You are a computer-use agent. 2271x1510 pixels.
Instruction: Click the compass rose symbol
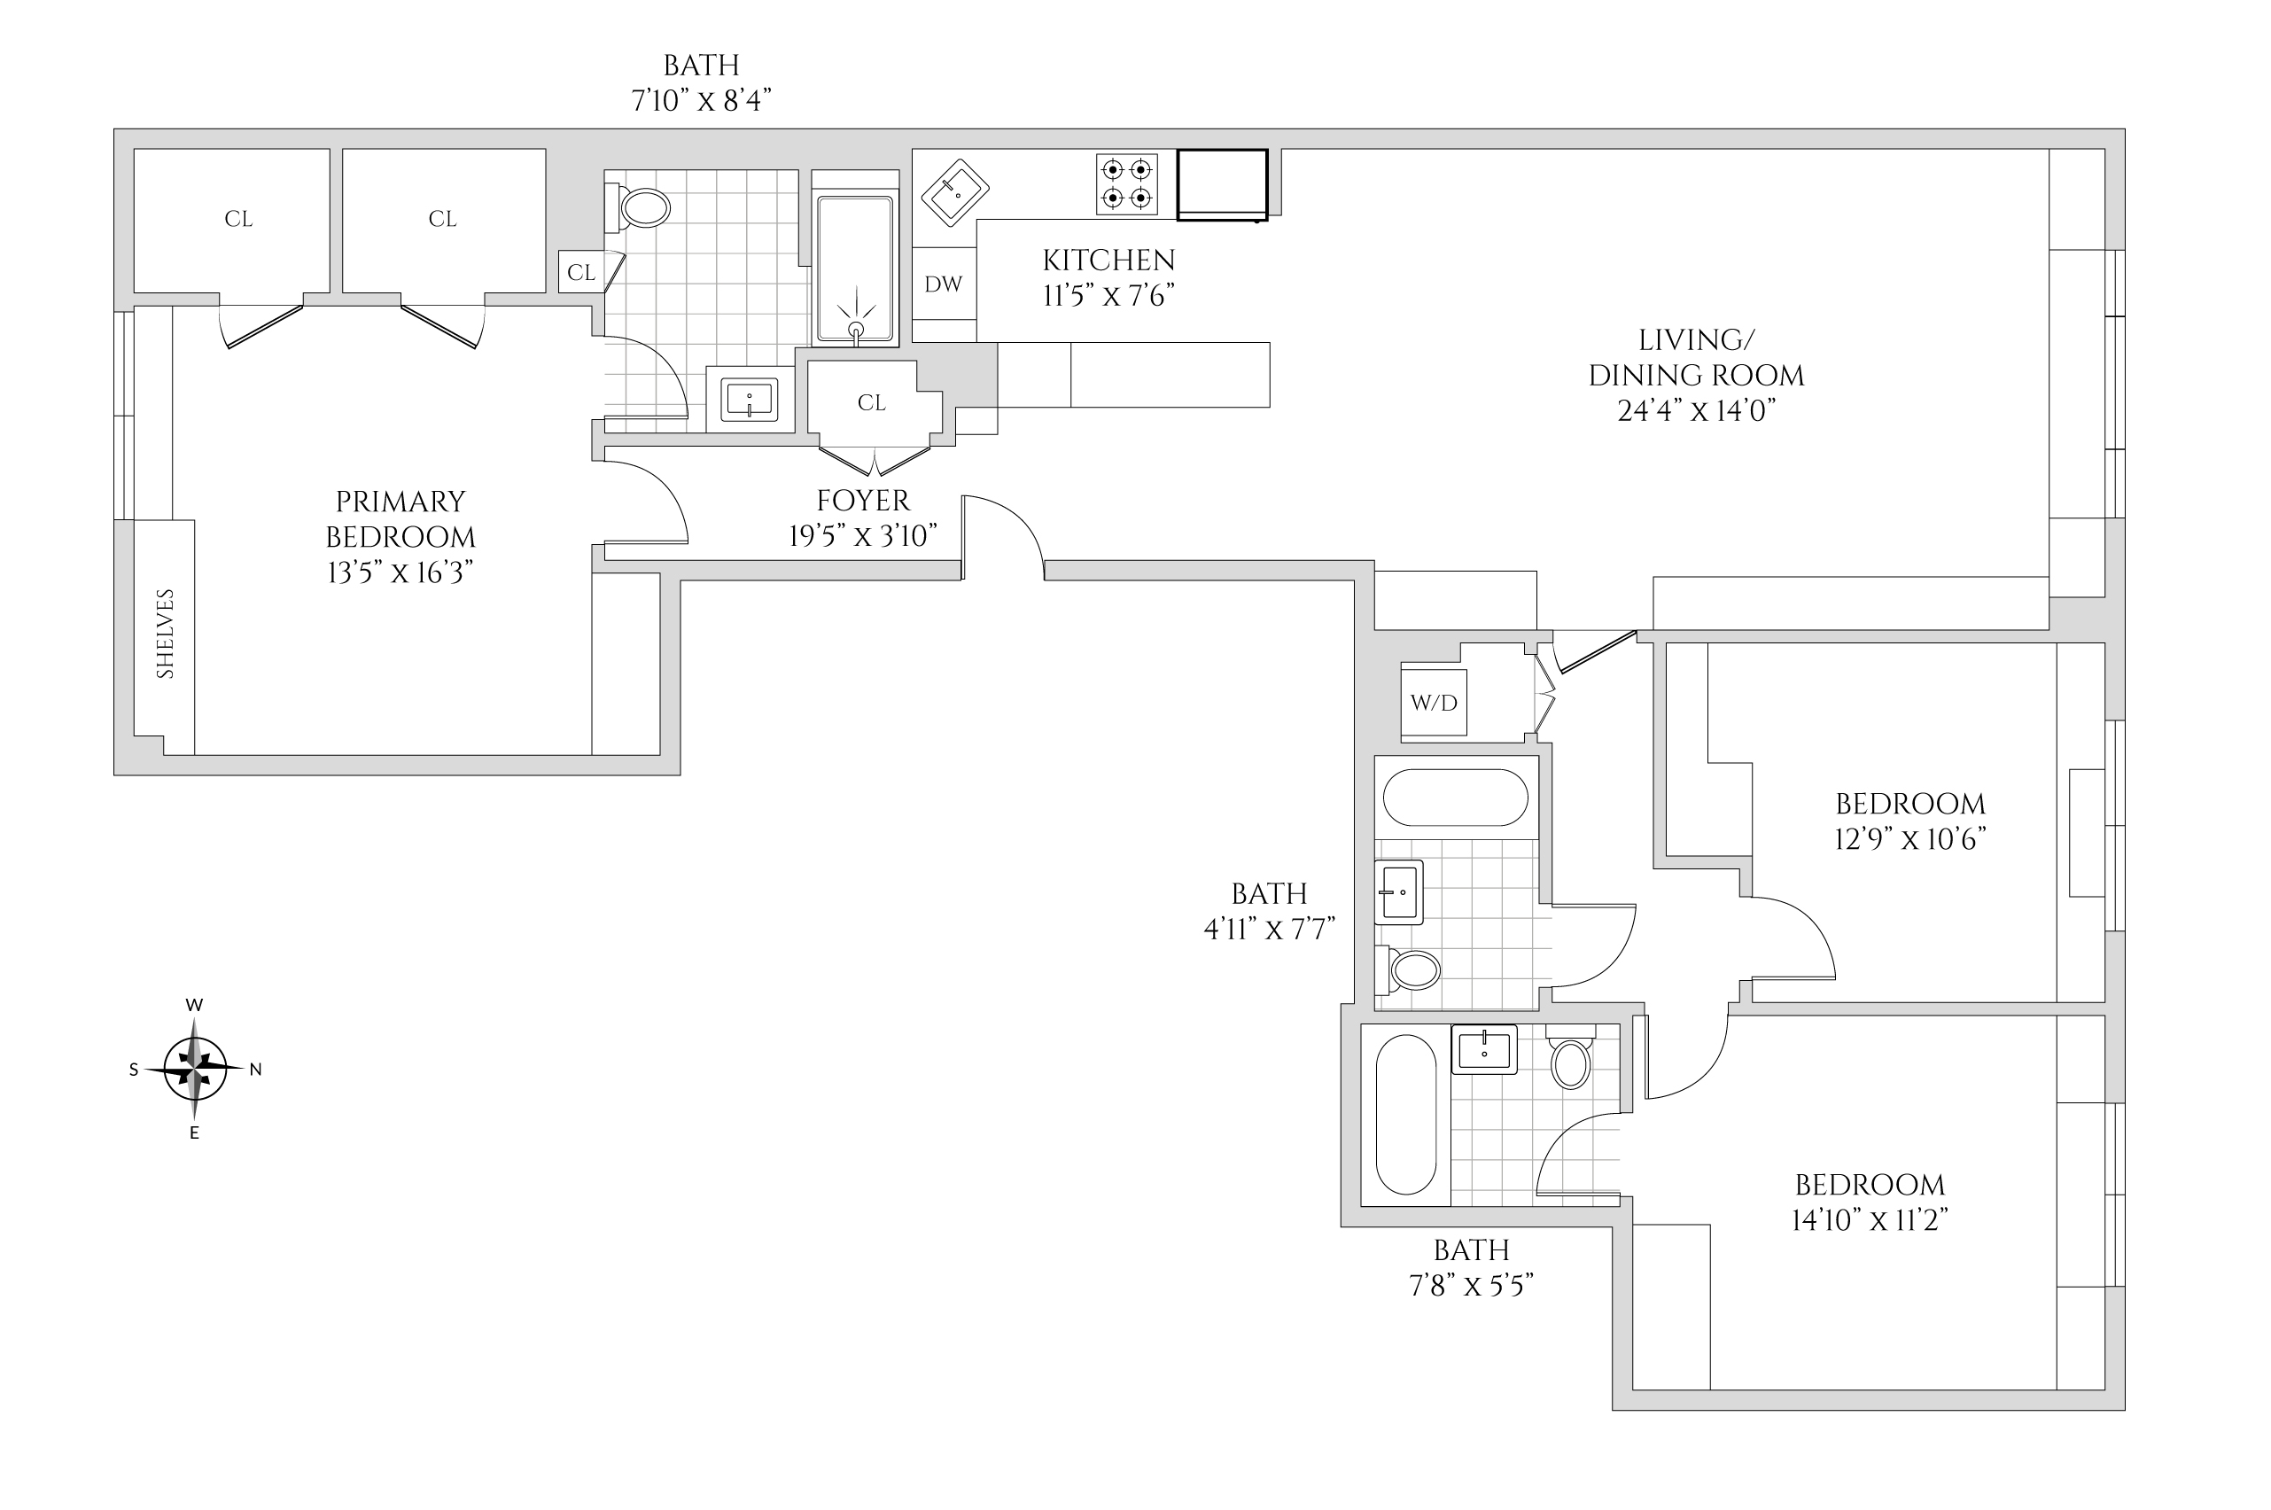[x=196, y=1069]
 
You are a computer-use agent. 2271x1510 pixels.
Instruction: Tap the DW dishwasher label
[x=944, y=284]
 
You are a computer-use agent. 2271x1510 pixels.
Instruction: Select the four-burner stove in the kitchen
[x=1126, y=184]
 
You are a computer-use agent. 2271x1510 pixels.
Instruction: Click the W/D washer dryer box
[x=1434, y=703]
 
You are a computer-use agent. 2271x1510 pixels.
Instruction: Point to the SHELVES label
[x=166, y=634]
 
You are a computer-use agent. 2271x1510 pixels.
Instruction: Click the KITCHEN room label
[x=1109, y=260]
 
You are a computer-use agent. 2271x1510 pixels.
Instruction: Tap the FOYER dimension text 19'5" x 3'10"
[x=862, y=535]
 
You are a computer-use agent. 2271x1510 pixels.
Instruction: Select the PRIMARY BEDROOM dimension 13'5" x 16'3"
[x=401, y=573]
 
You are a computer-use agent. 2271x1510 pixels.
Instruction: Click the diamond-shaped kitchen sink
[x=955, y=192]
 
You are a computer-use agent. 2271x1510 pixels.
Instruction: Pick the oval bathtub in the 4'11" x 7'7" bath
[x=1456, y=798]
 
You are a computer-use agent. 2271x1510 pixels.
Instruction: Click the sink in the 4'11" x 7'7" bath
[x=1399, y=891]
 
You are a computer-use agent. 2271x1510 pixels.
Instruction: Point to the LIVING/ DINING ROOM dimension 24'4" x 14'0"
[x=1696, y=411]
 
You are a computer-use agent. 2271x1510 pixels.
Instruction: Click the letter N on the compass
[x=255, y=1069]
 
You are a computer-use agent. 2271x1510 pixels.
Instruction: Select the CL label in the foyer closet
[x=871, y=402]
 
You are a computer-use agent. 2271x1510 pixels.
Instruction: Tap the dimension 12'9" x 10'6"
[x=1910, y=839]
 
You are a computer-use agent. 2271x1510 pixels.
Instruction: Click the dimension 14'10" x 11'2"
[x=1870, y=1220]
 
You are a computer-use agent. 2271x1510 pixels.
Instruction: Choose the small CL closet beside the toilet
[x=580, y=273]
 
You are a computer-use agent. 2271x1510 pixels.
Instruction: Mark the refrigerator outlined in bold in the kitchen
[x=1223, y=184]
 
